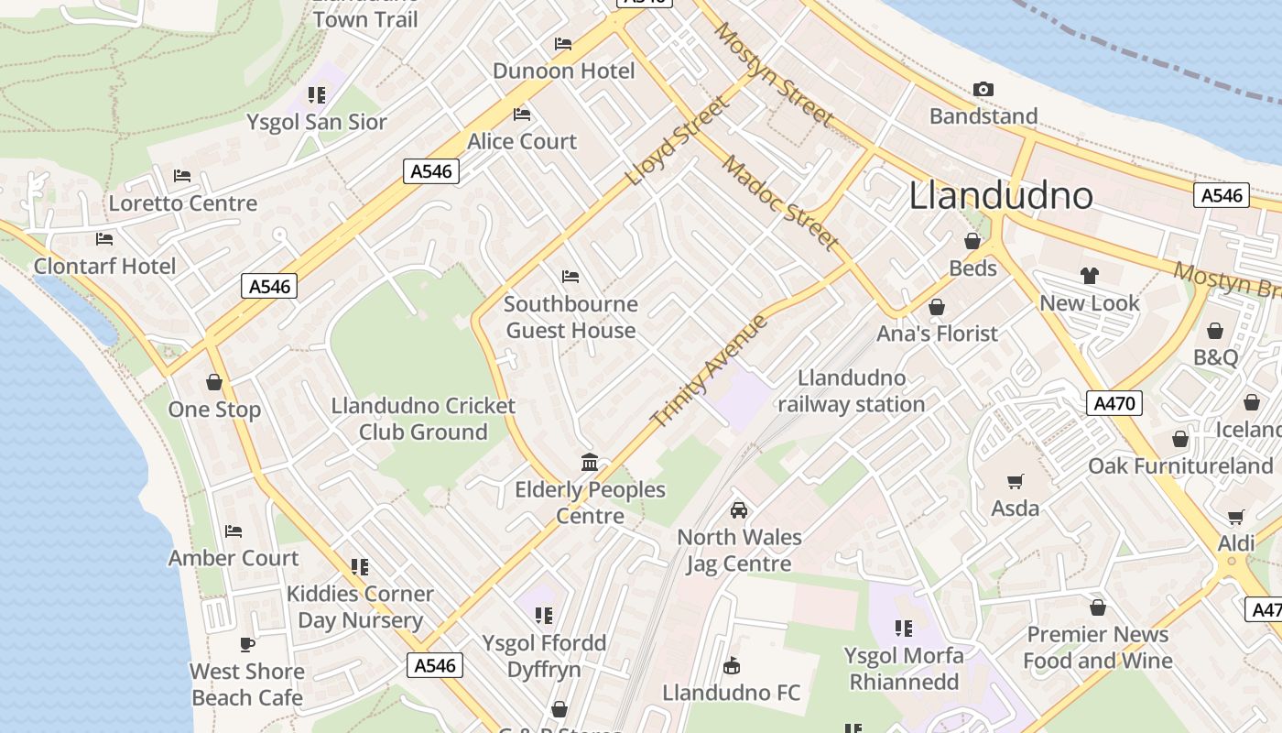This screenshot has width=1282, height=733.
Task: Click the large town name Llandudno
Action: (x=1001, y=195)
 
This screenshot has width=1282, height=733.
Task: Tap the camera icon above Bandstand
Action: (x=983, y=89)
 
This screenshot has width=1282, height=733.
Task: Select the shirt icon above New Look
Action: (x=1089, y=276)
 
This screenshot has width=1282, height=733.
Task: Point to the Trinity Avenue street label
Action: (x=710, y=371)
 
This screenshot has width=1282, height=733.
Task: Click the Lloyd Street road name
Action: (x=679, y=140)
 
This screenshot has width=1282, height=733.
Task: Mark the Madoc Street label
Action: (x=780, y=202)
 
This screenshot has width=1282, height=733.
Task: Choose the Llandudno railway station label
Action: (x=852, y=391)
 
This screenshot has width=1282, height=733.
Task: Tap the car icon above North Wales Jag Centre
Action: (x=739, y=510)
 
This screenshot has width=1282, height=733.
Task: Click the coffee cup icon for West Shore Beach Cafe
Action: (x=246, y=644)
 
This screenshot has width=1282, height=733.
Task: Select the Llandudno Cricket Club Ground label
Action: (x=423, y=419)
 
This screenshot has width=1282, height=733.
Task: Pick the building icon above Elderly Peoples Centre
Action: (x=590, y=462)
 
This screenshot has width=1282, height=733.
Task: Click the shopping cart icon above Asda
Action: (x=1015, y=481)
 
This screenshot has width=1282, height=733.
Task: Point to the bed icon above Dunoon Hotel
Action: (x=563, y=44)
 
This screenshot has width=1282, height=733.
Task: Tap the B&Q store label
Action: (x=1215, y=357)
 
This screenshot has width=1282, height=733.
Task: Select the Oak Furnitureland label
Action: (x=1180, y=466)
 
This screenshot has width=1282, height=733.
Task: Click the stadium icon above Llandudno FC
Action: (x=731, y=665)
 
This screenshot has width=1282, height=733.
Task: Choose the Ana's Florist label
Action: (x=937, y=334)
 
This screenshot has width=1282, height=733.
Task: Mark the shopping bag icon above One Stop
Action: (x=214, y=382)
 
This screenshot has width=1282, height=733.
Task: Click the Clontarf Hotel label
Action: (x=104, y=267)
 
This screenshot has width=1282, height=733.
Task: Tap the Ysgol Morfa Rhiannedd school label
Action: (x=904, y=669)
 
